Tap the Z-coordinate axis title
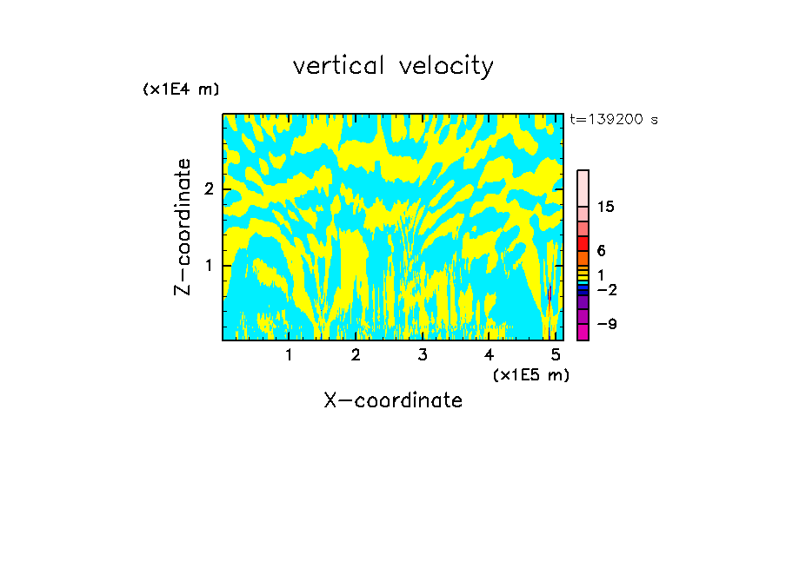183,227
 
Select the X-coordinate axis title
393,400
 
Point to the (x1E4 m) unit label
181,89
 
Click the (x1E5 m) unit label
530,374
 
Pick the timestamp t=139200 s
614,120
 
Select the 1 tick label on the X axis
289,355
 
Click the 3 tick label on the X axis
423,355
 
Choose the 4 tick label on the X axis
489,355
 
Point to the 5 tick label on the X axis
556,355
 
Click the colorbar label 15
606,207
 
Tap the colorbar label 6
601,250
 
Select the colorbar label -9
606,324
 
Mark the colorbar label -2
606,289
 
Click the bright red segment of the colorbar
583,243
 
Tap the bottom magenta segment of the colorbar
583,332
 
